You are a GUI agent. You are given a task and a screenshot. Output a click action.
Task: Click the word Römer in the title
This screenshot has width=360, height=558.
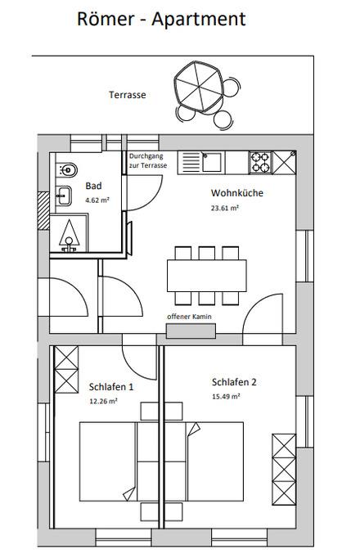[106, 19]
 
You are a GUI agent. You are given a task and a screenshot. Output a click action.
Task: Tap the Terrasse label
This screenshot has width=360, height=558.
[128, 95]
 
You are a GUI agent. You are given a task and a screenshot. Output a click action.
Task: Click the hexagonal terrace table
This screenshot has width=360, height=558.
[199, 87]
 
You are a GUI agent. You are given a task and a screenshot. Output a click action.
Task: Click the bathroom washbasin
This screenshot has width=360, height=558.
[64, 196]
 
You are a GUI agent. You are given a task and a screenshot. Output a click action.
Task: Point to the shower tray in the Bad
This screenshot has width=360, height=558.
[69, 232]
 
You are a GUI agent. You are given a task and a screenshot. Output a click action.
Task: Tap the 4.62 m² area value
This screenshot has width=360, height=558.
[97, 200]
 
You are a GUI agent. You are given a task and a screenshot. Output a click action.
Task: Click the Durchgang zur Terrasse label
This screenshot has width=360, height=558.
[147, 161]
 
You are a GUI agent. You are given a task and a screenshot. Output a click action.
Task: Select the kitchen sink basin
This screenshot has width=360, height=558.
[212, 162]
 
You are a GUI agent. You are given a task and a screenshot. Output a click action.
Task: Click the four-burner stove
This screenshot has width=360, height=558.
[261, 163]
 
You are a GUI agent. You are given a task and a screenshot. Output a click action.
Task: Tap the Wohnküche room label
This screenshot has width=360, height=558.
[237, 193]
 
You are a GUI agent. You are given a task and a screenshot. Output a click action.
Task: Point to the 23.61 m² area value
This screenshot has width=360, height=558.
[224, 208]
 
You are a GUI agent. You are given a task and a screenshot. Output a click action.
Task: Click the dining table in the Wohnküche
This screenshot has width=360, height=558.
[207, 276]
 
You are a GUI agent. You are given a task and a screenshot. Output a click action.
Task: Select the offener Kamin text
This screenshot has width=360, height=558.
[189, 317]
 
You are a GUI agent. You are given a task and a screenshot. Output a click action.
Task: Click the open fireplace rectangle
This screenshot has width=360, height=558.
[191, 331]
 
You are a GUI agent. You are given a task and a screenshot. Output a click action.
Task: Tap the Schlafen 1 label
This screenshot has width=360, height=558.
[111, 387]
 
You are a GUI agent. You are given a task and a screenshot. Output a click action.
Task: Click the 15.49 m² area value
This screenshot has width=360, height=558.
[226, 397]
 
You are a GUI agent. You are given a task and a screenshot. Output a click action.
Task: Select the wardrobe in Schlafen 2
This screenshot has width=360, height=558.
[284, 470]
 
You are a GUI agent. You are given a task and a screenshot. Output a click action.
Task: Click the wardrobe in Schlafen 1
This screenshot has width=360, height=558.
[66, 369]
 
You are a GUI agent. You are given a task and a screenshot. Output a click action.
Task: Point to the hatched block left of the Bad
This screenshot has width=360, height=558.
[43, 210]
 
